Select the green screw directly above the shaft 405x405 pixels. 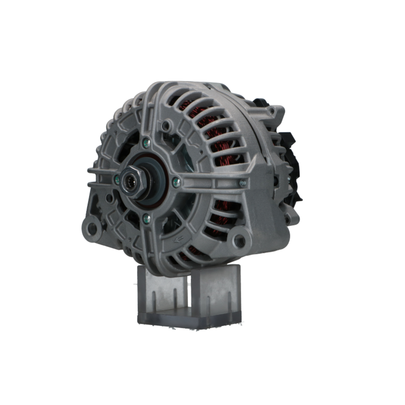click(x=146, y=143)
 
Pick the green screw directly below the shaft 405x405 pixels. click(x=147, y=219)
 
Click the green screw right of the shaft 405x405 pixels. click(x=176, y=182)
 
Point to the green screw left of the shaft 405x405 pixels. click(x=117, y=180)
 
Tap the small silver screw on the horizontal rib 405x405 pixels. click(x=242, y=183)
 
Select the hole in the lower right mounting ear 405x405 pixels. click(x=239, y=241)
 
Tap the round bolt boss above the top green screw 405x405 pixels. click(x=165, y=126)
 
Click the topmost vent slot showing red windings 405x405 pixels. click(x=190, y=105)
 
